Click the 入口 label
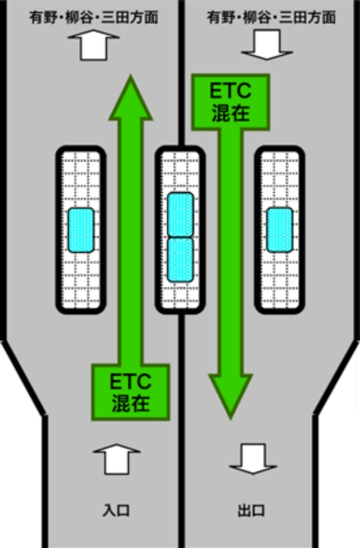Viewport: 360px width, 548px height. coord(116,510)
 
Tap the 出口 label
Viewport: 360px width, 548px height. coord(251,510)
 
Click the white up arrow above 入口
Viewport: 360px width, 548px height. coord(116,459)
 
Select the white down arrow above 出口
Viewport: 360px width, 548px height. coord(253,459)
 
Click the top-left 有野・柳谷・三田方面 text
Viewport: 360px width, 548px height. coord(94,17)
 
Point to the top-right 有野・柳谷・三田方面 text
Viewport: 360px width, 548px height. coord(271,17)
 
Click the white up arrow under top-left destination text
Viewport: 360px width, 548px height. coord(93,45)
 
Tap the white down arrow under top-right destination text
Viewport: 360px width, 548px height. coord(267,45)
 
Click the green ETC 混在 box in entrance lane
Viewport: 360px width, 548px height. coord(130,392)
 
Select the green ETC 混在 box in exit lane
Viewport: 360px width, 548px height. coord(231,102)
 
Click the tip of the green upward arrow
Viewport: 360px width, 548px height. coord(130,76)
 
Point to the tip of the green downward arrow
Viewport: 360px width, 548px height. coord(231,418)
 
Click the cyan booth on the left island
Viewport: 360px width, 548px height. coord(81,230)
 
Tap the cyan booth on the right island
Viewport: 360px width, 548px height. coord(280,230)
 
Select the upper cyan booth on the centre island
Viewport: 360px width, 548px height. coord(181,215)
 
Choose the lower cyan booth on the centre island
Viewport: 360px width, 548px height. coord(181,260)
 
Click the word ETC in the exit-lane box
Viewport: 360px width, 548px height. coord(230,91)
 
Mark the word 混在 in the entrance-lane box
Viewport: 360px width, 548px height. coord(130,403)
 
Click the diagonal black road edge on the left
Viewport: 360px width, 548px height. coord(23,378)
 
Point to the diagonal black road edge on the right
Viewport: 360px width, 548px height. coord(337,378)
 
